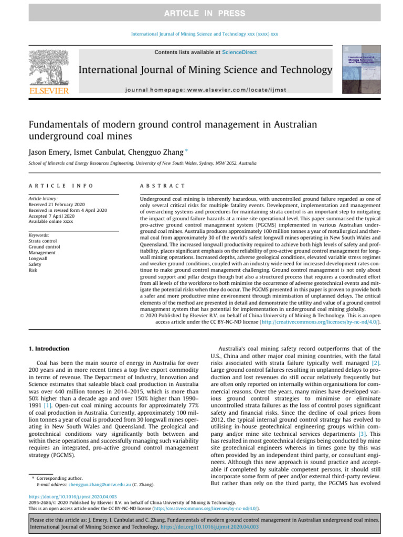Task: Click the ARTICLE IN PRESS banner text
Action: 201,13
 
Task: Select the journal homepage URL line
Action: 205,90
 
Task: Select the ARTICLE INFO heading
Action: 61,186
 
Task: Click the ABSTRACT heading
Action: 163,186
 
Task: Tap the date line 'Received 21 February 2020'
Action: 61,205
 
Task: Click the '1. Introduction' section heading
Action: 48,349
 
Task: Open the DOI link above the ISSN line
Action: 72,496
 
